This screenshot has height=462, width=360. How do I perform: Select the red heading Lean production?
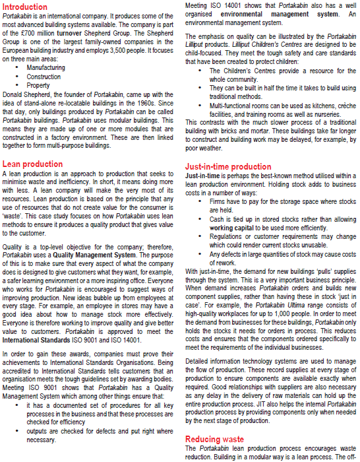pos(33,164)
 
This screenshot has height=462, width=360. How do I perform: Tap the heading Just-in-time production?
pos(227,167)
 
